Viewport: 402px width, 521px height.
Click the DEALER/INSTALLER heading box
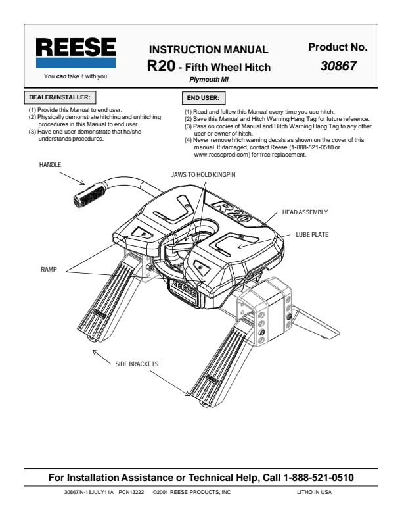[60, 97]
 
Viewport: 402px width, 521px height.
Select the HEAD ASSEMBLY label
[305, 212]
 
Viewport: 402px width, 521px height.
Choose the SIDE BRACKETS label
[137, 363]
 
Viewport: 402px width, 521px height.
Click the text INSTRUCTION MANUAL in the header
[209, 49]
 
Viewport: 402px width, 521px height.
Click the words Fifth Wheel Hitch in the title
[228, 67]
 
